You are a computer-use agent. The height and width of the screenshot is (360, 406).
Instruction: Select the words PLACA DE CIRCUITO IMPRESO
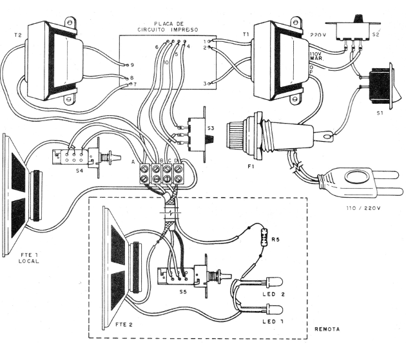(167, 26)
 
